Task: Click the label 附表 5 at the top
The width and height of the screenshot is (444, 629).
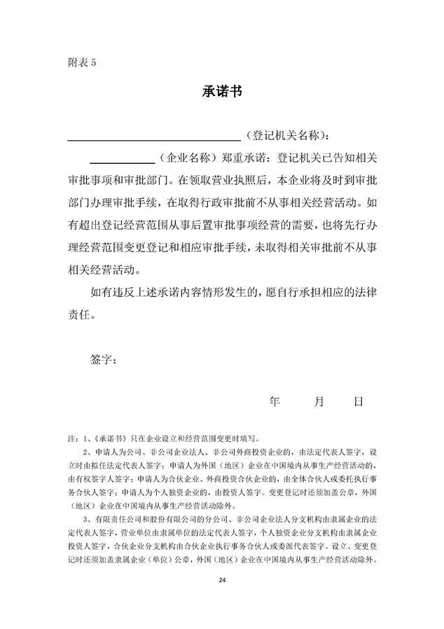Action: point(81,62)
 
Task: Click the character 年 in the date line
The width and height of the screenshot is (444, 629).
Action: point(275,401)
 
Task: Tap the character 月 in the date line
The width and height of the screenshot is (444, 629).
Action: point(319,401)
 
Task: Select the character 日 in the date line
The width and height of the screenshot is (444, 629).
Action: point(359,401)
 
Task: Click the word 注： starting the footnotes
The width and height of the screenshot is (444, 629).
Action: point(73,438)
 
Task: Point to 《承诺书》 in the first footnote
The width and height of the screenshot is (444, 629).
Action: point(109,438)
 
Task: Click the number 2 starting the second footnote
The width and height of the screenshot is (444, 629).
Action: point(85,452)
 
